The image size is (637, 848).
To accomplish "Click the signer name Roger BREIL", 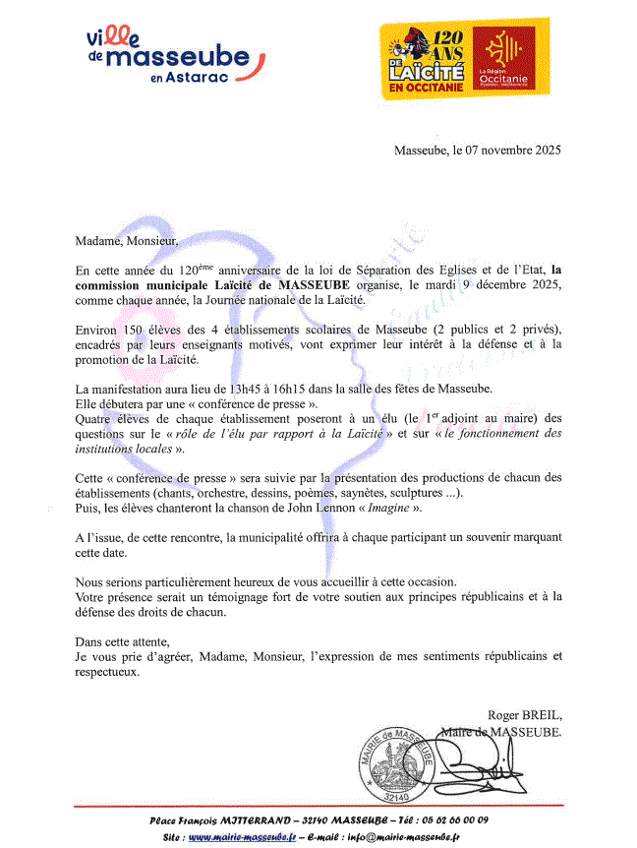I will click(x=525, y=715).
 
